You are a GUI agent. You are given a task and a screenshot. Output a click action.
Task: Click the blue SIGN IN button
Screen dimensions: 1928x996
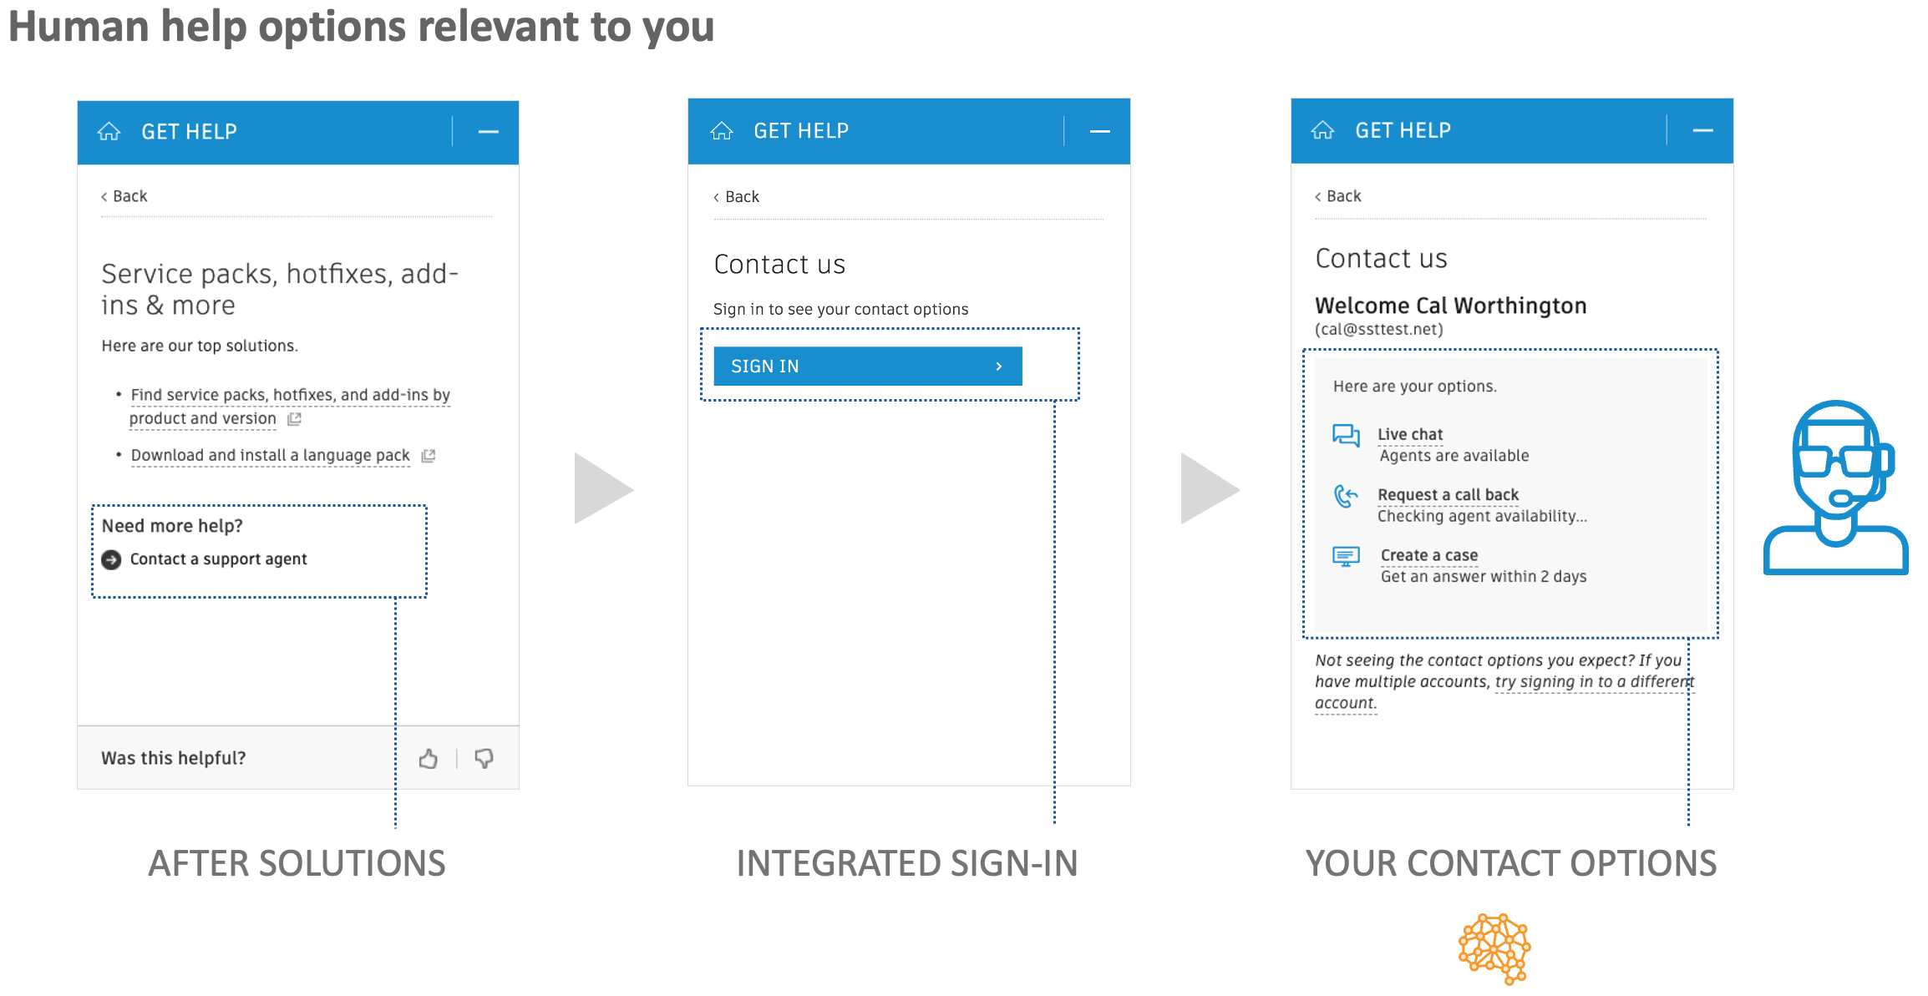coord(867,367)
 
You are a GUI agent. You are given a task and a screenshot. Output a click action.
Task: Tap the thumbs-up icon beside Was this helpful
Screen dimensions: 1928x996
coord(429,758)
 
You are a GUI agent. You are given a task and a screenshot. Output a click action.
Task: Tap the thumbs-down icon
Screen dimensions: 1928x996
coord(484,758)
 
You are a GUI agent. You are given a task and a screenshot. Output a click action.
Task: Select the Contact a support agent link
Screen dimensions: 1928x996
coord(218,559)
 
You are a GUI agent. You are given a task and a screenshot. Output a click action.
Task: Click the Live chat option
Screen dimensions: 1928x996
coord(1410,434)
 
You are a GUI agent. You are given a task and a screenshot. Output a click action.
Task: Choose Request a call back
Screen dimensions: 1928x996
coord(1448,495)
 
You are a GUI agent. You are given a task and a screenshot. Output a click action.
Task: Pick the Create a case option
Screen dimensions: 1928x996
coord(1428,555)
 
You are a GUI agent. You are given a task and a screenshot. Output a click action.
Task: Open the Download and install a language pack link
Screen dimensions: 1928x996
coord(270,456)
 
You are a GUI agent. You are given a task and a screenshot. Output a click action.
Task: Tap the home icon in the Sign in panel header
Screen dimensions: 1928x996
coord(722,131)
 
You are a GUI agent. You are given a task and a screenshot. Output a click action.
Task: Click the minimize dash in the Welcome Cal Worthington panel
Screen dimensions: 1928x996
coord(1702,131)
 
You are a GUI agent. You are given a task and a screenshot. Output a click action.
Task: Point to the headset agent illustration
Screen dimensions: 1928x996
coord(1836,488)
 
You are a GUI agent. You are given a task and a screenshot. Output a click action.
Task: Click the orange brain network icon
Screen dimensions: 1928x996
coord(1494,948)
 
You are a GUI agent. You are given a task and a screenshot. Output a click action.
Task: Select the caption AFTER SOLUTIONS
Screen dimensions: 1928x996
coord(297,863)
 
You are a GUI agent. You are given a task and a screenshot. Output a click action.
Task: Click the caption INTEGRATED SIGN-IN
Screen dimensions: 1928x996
coord(906,863)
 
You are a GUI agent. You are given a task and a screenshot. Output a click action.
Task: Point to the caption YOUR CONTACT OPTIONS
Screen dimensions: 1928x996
coord(1510,863)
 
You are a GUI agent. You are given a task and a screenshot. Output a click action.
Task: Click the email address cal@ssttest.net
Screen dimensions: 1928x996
coord(1378,330)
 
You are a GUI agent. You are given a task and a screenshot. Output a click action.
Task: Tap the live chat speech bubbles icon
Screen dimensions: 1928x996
coord(1346,435)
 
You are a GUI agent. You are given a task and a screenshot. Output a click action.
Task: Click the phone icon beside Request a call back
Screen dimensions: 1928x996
coord(1346,497)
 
